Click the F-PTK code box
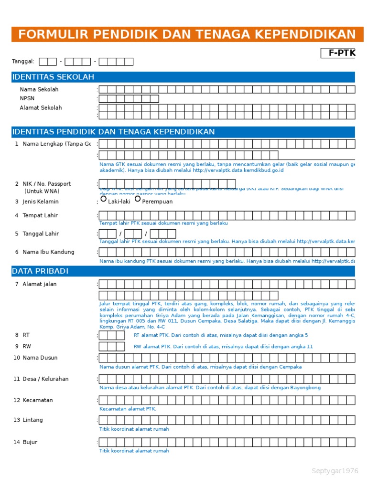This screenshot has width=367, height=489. [x=338, y=53]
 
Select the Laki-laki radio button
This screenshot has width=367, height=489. [x=104, y=199]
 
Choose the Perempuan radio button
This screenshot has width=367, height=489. [x=138, y=199]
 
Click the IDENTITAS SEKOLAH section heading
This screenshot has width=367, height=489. [x=53, y=77]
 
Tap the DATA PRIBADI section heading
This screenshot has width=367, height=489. [x=40, y=271]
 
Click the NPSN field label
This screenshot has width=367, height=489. [x=27, y=98]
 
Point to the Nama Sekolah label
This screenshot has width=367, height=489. [x=39, y=89]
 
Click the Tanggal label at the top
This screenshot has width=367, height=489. [x=23, y=61]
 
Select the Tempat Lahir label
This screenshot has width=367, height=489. [x=40, y=215]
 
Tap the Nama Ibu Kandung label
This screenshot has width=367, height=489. [x=48, y=252]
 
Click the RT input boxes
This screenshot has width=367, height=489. [x=112, y=335]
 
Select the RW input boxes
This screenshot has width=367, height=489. [x=112, y=347]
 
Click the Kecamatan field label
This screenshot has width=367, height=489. [x=38, y=400]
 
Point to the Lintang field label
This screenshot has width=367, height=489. [x=32, y=420]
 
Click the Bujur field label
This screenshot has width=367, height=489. [x=30, y=442]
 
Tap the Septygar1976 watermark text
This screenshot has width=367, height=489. [x=335, y=471]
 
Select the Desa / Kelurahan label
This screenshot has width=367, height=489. [x=45, y=379]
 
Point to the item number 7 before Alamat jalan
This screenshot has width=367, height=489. [x=16, y=284]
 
